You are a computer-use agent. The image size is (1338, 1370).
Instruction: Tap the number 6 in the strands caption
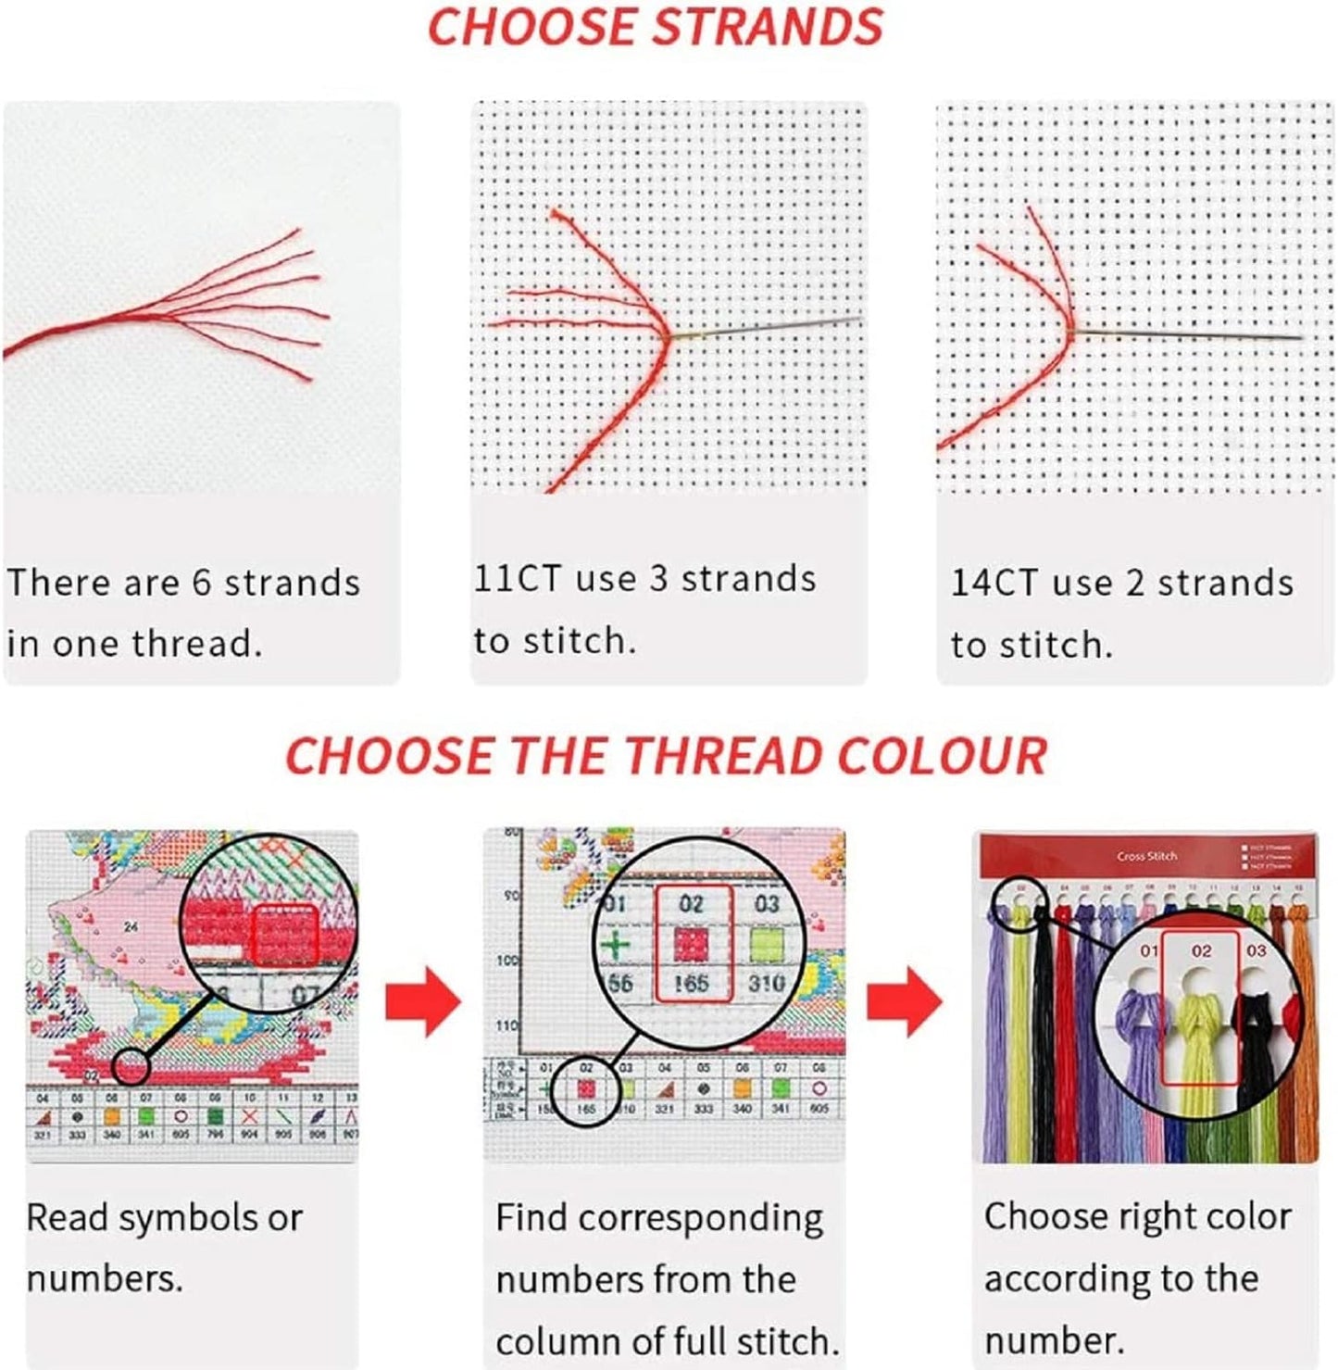pyautogui.click(x=202, y=583)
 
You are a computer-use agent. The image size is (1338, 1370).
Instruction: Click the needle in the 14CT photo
pyautogui.click(x=1194, y=333)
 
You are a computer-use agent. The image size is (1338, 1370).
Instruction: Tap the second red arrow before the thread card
pyautogui.click(x=905, y=1001)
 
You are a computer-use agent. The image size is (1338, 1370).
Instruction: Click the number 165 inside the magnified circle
pyautogui.click(x=691, y=983)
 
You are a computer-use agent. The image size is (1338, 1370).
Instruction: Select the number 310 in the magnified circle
pyautogui.click(x=766, y=983)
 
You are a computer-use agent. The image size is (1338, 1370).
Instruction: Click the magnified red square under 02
pyautogui.click(x=691, y=946)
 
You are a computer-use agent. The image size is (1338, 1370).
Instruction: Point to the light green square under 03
pyautogui.click(x=766, y=946)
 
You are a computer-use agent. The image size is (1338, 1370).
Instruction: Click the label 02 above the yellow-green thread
pyautogui.click(x=1201, y=951)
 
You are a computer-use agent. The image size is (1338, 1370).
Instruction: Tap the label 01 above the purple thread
pyautogui.click(x=1148, y=951)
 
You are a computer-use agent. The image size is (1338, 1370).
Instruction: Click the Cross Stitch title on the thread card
pyautogui.click(x=1146, y=856)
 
